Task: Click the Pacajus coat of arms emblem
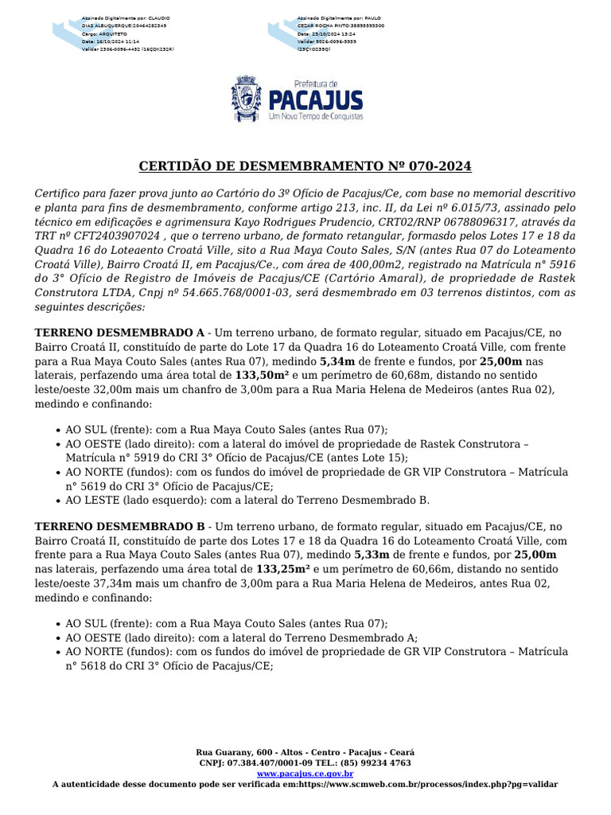(245, 99)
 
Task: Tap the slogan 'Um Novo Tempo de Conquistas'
(316, 116)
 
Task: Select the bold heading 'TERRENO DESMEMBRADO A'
(119, 332)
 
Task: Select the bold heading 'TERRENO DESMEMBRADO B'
(119, 526)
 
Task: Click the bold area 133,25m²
(282, 569)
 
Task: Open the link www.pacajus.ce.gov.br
(305, 773)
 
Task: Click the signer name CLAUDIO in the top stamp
(159, 17)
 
